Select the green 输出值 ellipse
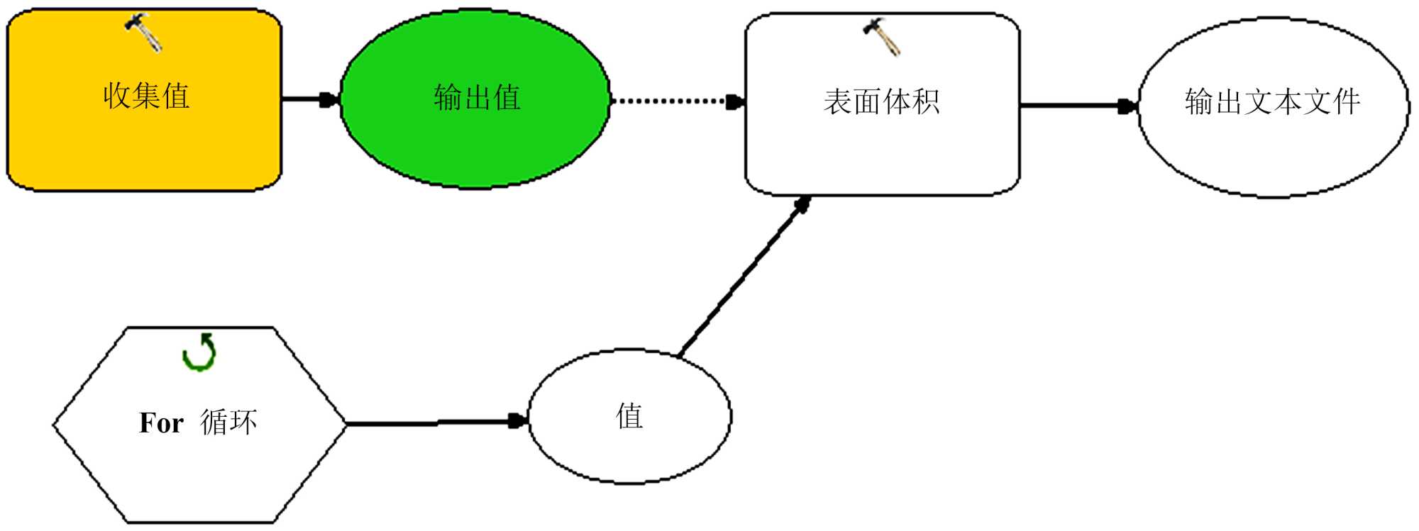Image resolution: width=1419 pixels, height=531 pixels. click(x=475, y=142)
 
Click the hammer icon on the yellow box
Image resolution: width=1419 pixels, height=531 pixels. click(x=144, y=32)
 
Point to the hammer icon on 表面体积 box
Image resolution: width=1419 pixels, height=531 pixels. click(x=881, y=36)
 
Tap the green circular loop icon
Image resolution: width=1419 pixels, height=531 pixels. click(x=199, y=352)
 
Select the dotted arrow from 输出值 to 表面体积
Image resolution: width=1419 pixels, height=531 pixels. click(x=674, y=101)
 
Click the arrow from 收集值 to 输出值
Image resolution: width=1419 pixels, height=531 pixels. click(x=309, y=99)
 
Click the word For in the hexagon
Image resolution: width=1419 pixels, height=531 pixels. click(x=161, y=423)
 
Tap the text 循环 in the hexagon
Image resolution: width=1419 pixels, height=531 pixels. click(x=228, y=423)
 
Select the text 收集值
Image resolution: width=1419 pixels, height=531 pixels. click(x=146, y=96)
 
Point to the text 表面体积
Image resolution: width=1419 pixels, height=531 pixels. click(x=882, y=101)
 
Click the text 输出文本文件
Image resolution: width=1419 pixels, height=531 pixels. click(x=1273, y=101)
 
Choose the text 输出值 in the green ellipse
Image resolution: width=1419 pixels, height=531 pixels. click(x=477, y=97)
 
